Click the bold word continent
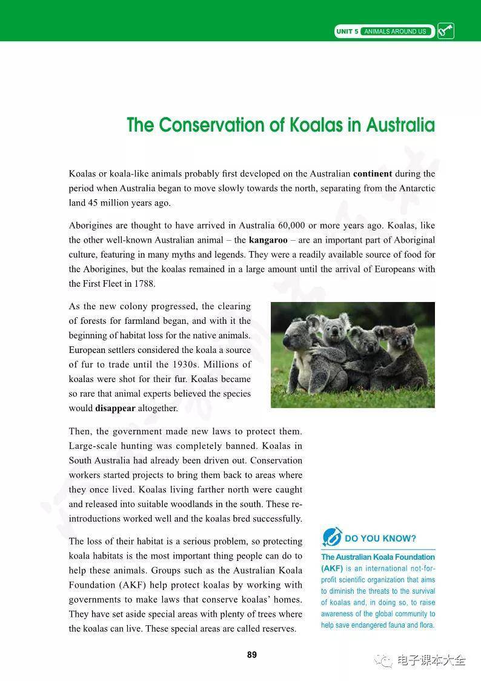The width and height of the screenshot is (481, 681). [373, 173]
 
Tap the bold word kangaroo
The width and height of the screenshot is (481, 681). [268, 240]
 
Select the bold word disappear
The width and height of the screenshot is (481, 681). [115, 408]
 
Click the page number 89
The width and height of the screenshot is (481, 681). [252, 655]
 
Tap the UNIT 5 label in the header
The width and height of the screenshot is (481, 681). [347, 32]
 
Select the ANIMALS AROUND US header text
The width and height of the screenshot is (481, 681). [395, 32]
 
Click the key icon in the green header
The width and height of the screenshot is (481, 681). [445, 31]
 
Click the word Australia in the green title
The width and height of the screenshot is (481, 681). [400, 125]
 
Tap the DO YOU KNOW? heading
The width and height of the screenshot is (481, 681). [380, 538]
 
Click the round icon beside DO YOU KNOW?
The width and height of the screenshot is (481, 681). [332, 537]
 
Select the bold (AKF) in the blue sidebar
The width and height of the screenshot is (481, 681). [333, 569]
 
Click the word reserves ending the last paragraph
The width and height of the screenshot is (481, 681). [275, 628]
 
